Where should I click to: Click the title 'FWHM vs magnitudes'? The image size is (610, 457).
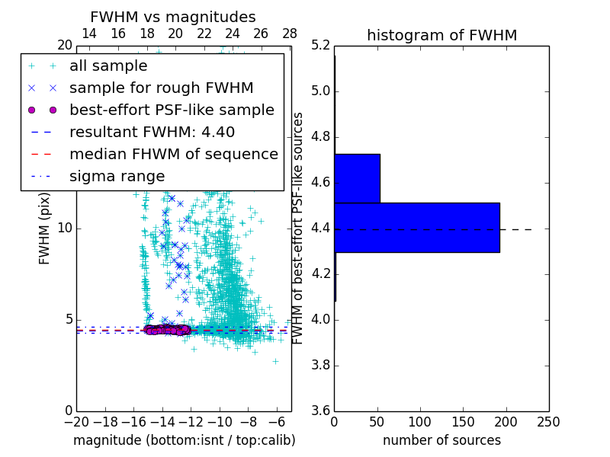click(x=173, y=17)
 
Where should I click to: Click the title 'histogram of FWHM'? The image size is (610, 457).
click(x=441, y=35)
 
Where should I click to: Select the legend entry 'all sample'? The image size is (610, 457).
click(x=108, y=66)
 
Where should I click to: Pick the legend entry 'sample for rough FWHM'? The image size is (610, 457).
click(x=161, y=88)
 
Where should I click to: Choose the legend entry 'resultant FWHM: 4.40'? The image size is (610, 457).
click(x=152, y=133)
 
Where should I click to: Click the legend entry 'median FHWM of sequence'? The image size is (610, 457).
click(x=173, y=155)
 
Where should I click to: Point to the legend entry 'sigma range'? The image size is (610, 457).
click(x=117, y=177)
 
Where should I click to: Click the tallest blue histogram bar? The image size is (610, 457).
click(x=416, y=227)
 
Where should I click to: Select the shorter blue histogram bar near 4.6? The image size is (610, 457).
click(x=357, y=178)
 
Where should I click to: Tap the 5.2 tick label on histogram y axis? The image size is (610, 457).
click(x=320, y=46)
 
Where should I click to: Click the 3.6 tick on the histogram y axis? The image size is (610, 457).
click(x=320, y=411)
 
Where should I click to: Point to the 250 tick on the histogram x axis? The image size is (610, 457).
click(x=548, y=422)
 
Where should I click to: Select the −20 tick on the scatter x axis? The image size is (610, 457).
click(x=76, y=422)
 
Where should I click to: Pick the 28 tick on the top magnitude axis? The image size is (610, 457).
click(x=290, y=34)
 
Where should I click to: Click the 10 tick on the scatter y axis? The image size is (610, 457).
click(x=65, y=228)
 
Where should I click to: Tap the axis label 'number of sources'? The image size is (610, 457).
click(x=441, y=440)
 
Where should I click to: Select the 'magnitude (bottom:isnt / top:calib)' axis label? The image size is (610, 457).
click(x=184, y=440)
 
